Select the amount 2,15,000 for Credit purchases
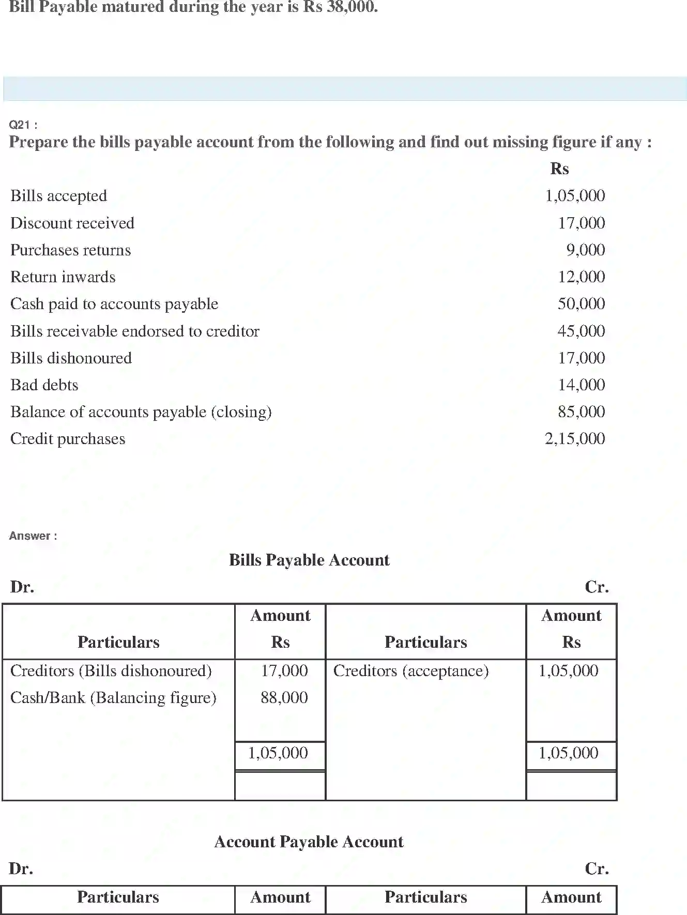click(x=574, y=439)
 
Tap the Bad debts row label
click(x=44, y=385)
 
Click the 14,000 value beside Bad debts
click(x=581, y=385)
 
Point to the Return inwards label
click(x=63, y=277)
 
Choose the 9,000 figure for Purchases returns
click(x=585, y=250)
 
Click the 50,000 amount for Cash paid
click(x=581, y=304)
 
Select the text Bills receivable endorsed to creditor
click(x=135, y=331)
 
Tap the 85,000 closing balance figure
click(x=581, y=412)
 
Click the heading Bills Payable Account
click(x=309, y=560)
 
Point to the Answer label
click(x=33, y=536)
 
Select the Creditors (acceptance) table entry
click(x=411, y=671)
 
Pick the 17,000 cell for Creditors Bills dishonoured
click(x=284, y=671)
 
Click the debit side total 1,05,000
click(x=278, y=753)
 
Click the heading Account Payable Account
click(x=309, y=842)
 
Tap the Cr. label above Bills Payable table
click(x=597, y=587)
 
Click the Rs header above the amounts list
click(x=559, y=169)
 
